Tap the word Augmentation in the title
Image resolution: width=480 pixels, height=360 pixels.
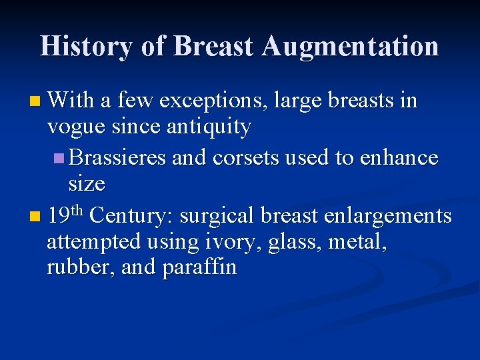coord(350,47)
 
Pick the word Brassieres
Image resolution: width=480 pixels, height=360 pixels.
coord(117,158)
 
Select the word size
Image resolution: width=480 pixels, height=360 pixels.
coord(87,183)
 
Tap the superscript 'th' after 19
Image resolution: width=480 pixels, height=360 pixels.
coord(77,211)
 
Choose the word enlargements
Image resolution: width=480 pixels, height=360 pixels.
coord(387,216)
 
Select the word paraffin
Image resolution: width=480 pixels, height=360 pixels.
coord(199,267)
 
